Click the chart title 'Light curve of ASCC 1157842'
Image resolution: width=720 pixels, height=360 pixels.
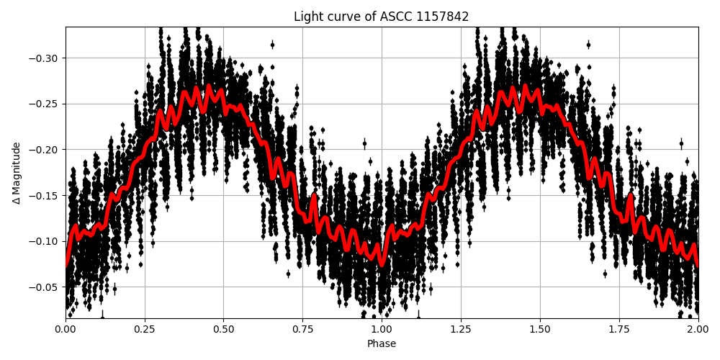(381, 17)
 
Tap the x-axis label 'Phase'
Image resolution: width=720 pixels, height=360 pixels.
(382, 344)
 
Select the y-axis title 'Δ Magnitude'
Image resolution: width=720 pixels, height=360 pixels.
(17, 173)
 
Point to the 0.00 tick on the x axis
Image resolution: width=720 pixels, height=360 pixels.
(66, 329)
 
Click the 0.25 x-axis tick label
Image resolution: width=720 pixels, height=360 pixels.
(145, 329)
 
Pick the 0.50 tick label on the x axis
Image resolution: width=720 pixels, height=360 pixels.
(223, 329)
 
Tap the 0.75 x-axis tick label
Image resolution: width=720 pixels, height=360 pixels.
(302, 329)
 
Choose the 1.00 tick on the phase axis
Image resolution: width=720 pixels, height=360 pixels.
(382, 329)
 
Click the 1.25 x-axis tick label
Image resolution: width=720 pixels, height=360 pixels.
(461, 329)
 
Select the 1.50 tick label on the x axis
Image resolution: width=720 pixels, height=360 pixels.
(540, 329)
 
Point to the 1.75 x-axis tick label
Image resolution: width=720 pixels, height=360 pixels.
(619, 329)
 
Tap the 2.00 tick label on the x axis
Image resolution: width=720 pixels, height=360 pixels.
(698, 329)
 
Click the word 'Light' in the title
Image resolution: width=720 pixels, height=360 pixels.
(307, 17)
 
